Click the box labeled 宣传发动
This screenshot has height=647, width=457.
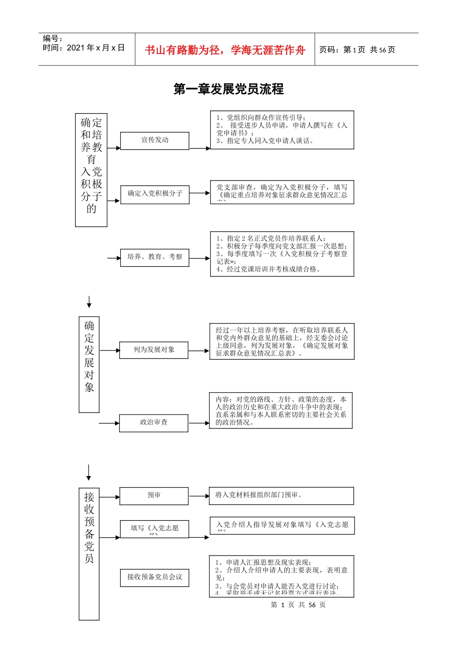coord(154,141)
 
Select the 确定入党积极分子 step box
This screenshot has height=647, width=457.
coord(154,194)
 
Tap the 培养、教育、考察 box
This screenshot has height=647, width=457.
coord(154,257)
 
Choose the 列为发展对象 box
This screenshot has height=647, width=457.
coord(154,350)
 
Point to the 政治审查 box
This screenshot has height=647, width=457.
coord(153,423)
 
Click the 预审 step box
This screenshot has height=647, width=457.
coord(154,496)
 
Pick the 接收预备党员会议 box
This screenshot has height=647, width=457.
coord(154,577)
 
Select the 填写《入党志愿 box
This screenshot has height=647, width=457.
coord(154,529)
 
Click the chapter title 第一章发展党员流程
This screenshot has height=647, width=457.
coord(228,89)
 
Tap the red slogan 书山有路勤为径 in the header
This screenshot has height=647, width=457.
coord(225,50)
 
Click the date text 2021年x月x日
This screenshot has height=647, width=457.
coord(96,48)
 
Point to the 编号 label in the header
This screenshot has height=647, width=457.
coord(52,39)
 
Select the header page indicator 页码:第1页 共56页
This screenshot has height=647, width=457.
coord(357,50)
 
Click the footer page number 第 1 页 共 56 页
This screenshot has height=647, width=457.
coord(298,605)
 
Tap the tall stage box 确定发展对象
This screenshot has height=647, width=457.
coord(89,364)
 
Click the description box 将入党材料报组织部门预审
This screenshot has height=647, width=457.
coord(281,496)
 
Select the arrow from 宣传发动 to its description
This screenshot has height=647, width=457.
coord(200,148)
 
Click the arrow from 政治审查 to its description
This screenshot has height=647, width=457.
coord(199,423)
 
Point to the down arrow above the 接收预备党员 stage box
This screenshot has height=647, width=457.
coord(89,473)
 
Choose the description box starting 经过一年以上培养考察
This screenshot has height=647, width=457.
coord(282,341)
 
